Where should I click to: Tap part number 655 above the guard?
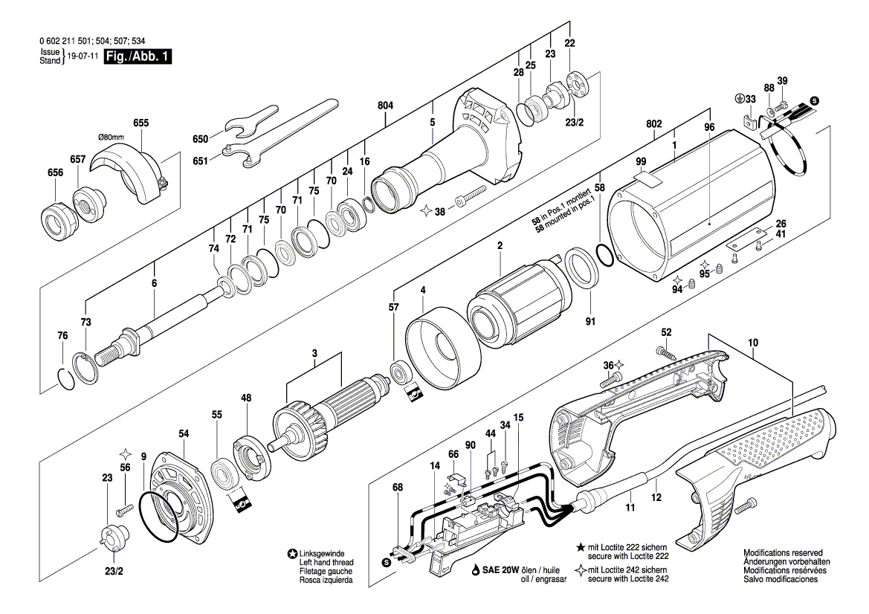[x=140, y=123]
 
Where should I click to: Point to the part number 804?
[x=384, y=106]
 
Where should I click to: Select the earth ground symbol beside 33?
[x=739, y=98]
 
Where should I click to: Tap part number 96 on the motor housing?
[x=708, y=127]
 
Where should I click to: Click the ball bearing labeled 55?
[x=219, y=473]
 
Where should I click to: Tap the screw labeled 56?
[x=123, y=509]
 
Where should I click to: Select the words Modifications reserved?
[x=783, y=554]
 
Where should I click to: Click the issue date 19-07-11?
[x=83, y=56]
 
